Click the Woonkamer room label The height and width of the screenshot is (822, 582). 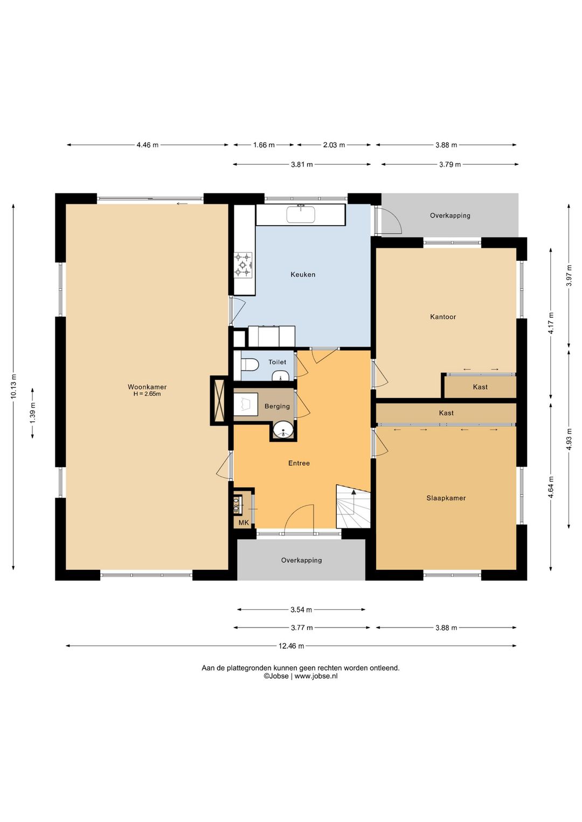coord(147,387)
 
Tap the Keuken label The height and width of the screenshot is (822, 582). coord(303,275)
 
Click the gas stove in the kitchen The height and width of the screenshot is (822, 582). coord(244,264)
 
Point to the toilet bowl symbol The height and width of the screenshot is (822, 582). coord(250,364)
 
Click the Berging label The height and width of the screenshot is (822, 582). coord(277,406)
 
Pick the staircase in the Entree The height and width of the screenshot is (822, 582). coord(353,506)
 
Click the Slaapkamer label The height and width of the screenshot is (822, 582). coord(446,498)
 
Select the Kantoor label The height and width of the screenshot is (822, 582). coord(443,317)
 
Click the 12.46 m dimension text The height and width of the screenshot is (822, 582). coord(291,646)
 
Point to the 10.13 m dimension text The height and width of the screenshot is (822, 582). coord(13,386)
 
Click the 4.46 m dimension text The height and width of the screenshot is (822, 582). coord(148,145)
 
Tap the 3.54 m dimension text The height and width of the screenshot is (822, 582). coord(301,610)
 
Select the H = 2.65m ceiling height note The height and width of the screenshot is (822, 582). coord(147,394)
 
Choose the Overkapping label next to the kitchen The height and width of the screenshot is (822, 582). coord(450,215)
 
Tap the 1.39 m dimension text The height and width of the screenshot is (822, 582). coord(33,413)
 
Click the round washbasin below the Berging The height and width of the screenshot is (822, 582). coord(283,430)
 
